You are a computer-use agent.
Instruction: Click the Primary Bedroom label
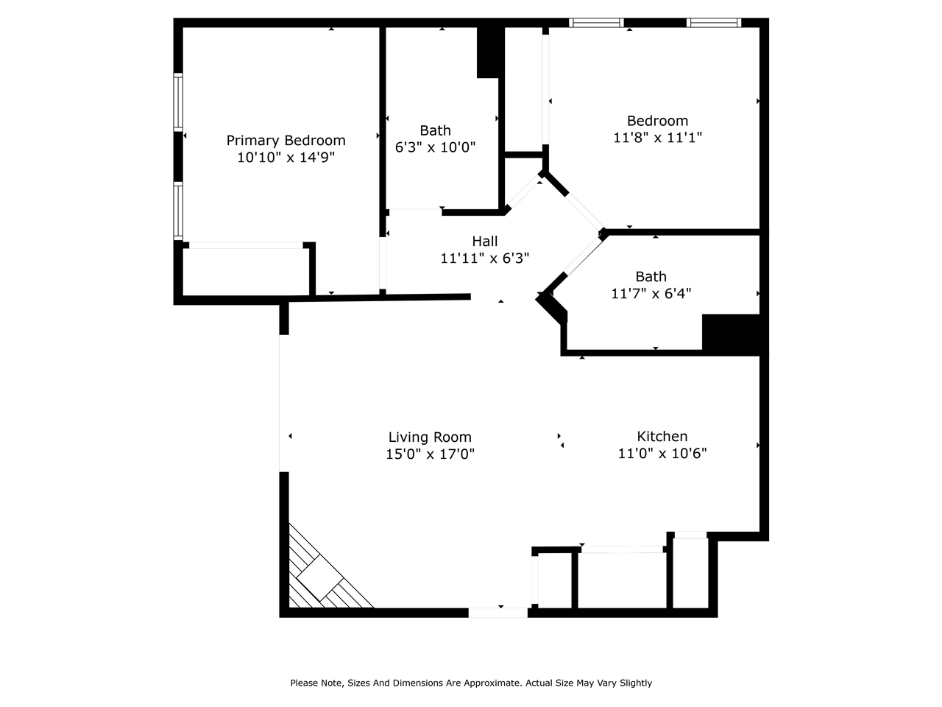pos(286,140)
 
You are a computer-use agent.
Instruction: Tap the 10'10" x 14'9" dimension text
pos(286,157)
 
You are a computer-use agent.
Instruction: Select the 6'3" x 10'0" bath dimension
pos(435,147)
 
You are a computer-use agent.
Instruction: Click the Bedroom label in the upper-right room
pos(657,120)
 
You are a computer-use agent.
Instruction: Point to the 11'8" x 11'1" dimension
pos(657,137)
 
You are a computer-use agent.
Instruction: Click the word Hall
pos(484,241)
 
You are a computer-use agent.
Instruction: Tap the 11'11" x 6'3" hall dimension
pos(484,258)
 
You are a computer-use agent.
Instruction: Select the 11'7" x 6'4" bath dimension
pos(651,293)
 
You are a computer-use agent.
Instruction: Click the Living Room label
pos(430,437)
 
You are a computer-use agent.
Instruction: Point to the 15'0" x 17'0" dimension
pos(430,454)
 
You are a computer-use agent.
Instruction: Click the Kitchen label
pos(662,436)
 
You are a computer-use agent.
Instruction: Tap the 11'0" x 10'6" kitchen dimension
pos(662,453)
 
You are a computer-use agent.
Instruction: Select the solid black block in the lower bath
pos(730,334)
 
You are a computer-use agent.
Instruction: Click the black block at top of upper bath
pos(489,52)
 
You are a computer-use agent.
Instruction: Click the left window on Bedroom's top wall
pos(597,23)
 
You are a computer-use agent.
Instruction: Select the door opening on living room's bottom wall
pos(498,612)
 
